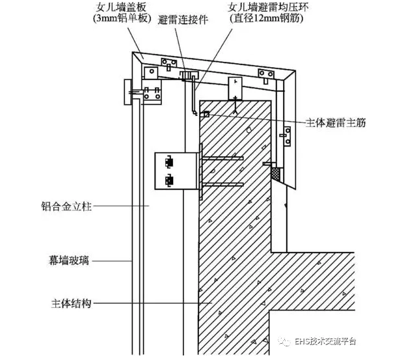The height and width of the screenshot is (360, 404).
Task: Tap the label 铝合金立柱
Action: coord(65,208)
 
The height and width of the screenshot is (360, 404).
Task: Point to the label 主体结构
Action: coord(70,303)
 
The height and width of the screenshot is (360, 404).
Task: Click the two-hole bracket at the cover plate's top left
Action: coord(170,63)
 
